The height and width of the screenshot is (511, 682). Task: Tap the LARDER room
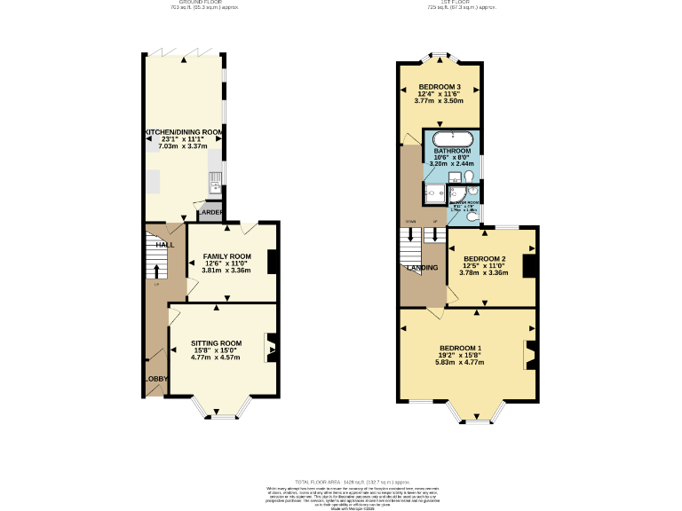(210, 213)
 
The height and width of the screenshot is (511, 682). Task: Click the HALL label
(165, 244)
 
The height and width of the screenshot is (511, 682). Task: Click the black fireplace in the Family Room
(273, 263)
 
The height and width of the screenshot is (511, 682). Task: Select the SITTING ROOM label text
(218, 343)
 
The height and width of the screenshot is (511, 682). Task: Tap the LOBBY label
(155, 379)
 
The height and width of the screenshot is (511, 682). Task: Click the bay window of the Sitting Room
(216, 409)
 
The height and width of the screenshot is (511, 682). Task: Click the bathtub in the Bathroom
(453, 139)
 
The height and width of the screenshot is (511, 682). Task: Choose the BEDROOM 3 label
(440, 87)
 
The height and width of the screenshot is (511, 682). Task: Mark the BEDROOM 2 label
(484, 259)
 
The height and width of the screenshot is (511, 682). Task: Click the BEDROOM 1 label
(460, 348)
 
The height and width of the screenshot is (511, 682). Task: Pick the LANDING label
(421, 267)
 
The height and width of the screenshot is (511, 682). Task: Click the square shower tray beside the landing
(435, 195)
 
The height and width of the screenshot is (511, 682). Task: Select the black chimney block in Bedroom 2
(528, 266)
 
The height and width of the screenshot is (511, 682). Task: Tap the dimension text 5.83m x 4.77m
(460, 363)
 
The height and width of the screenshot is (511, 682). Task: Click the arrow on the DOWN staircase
(410, 235)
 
